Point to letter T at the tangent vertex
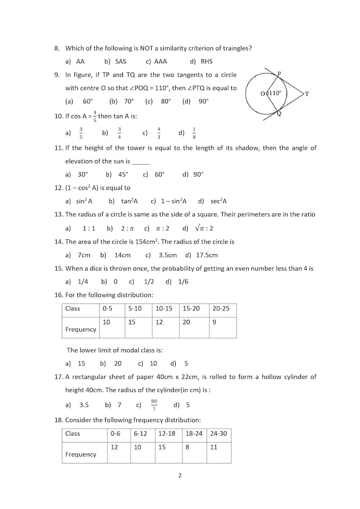tap(307, 95)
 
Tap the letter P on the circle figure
tap(279, 73)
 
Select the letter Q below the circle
tap(279, 114)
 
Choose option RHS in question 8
tap(206, 61)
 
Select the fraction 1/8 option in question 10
tap(194, 133)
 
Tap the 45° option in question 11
tap(123, 175)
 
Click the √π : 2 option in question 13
tap(204, 228)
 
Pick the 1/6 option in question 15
tap(183, 282)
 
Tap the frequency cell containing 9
tap(214, 322)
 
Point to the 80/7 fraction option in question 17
tap(154, 404)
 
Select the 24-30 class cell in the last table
tap(218, 433)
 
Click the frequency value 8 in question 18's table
tap(187, 447)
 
